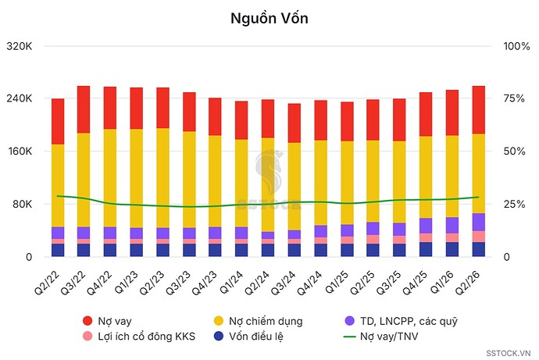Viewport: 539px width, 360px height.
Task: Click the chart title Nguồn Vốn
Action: pos(269,18)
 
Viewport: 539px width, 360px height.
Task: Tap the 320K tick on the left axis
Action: pos(20,46)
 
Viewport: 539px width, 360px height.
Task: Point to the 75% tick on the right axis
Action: pos(514,98)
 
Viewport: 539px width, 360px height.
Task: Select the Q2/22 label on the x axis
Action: pos(48,283)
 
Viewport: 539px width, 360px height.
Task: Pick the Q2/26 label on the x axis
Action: pos(467,283)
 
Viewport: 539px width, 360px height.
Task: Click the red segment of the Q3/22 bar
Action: pos(84,109)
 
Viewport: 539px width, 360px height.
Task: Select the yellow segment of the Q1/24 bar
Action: pos(241,183)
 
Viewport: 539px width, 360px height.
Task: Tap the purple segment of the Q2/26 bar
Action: pos(479,223)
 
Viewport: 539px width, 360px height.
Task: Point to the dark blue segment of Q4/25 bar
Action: pos(426,249)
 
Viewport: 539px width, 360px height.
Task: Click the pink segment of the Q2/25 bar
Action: pos(373,240)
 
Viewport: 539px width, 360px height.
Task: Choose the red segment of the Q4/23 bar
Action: pos(215,117)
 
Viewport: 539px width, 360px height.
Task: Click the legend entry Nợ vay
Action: pos(107,321)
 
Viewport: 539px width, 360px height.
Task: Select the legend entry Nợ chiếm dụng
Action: pos(258,321)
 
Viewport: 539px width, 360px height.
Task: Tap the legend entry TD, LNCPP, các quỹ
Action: pos(402,321)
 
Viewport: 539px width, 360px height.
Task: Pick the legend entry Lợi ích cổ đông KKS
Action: pos(139,336)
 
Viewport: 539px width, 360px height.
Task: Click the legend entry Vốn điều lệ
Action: pos(248,336)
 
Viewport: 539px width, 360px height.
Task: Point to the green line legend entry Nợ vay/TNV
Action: pos(381,336)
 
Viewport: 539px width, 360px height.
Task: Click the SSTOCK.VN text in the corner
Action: pos(509,353)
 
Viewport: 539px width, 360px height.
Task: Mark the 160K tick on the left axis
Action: pos(20,151)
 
